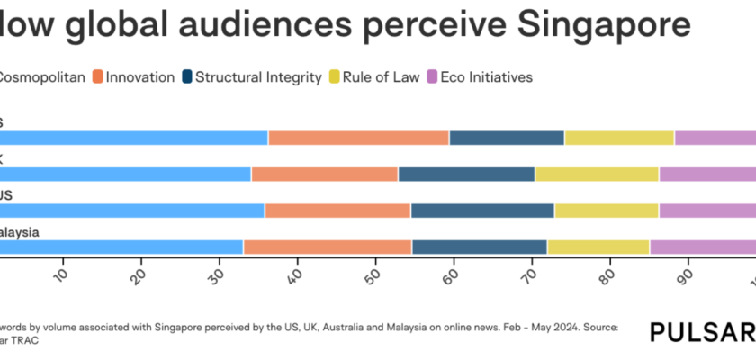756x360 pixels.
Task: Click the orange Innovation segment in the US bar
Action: coord(337,211)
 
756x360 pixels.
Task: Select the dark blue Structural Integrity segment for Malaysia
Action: coord(479,247)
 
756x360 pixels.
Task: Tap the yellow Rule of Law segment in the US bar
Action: coord(607,211)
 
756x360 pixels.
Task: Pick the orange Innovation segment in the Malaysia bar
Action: coord(328,247)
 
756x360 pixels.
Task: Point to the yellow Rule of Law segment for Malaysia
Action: coord(598,247)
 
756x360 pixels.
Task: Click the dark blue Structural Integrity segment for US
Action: coord(482,211)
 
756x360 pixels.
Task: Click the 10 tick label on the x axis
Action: coord(59,274)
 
